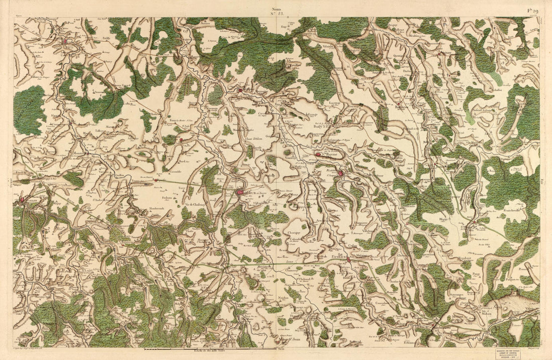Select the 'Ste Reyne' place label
[329, 155]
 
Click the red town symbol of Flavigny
[341, 173]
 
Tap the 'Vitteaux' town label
[339, 256]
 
